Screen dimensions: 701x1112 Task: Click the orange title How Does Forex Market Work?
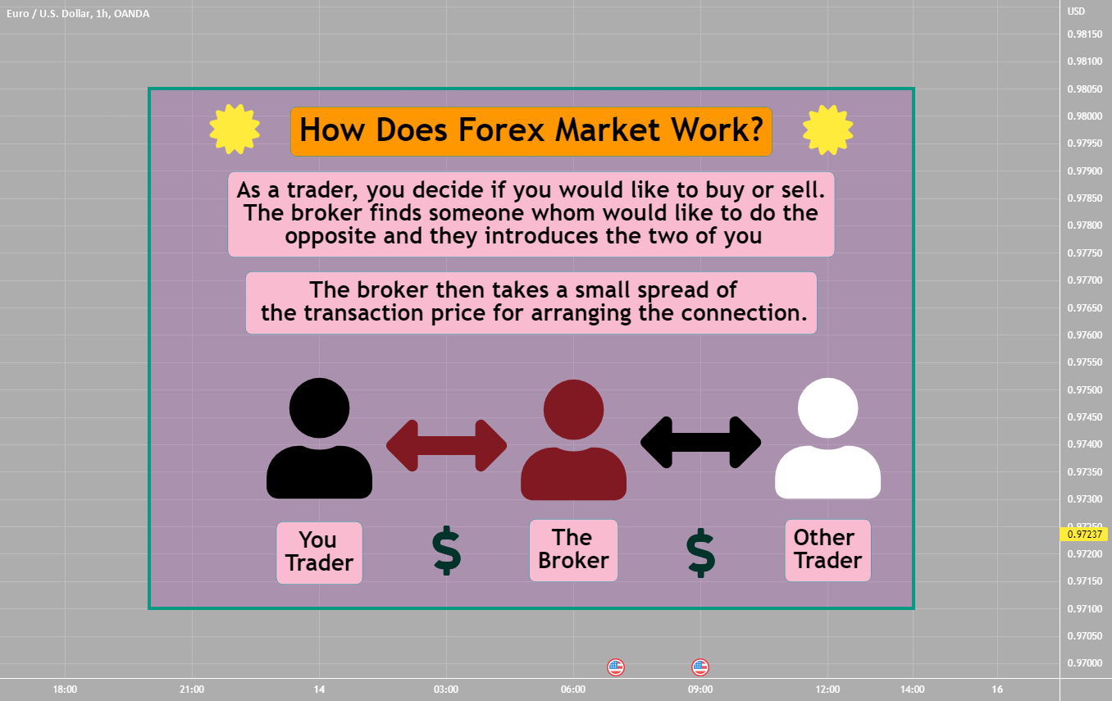point(531,131)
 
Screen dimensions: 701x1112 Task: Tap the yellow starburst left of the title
point(235,129)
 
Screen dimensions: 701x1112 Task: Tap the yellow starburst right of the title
point(827,129)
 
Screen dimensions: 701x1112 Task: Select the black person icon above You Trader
point(319,443)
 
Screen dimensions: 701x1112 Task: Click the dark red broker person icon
point(573,443)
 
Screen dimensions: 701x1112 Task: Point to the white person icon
point(827,443)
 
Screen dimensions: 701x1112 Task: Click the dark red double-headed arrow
point(447,445)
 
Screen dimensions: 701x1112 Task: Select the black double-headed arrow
point(700,443)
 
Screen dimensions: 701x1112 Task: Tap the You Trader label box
point(319,552)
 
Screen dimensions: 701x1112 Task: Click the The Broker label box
point(573,550)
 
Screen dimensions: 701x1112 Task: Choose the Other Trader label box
point(827,550)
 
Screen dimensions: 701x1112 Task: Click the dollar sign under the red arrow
point(447,551)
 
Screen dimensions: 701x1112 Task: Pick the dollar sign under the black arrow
point(700,553)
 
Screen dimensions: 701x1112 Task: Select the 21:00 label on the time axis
point(191,690)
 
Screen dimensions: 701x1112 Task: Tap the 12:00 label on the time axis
point(827,690)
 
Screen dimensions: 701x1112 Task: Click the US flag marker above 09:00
point(700,667)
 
